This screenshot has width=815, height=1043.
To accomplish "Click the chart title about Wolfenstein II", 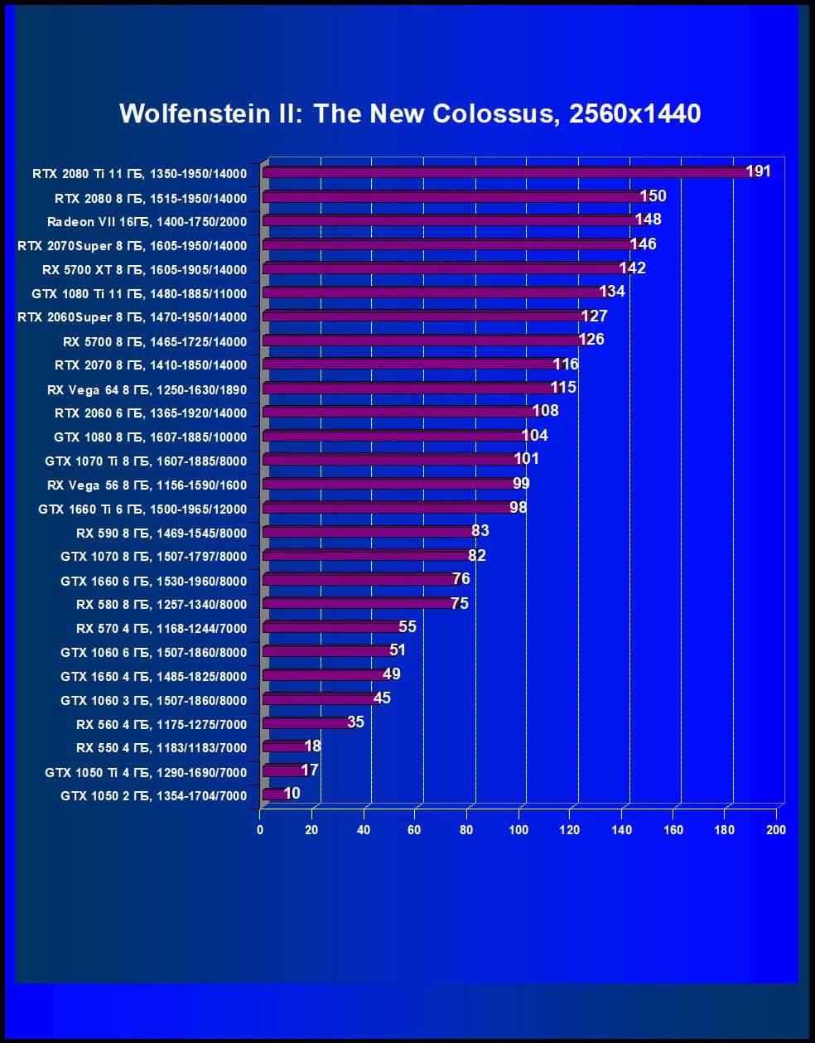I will (x=410, y=113).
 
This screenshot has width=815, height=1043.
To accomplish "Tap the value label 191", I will (x=758, y=171).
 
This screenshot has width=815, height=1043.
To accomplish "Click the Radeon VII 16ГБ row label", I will (x=147, y=221).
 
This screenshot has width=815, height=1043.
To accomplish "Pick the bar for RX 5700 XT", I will (x=443, y=268).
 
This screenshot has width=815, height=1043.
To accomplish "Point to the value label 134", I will (x=612, y=291).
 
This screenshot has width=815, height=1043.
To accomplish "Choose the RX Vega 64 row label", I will (x=147, y=389).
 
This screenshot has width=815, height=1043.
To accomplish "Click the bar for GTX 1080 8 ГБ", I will (x=393, y=436).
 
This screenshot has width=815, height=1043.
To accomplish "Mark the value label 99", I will (x=521, y=483).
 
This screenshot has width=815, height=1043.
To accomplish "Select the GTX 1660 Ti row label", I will (x=142, y=509).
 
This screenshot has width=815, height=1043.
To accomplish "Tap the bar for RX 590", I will (x=369, y=532).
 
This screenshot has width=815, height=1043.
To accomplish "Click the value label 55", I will (x=407, y=626).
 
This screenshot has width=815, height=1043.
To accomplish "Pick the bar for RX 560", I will (x=306, y=723).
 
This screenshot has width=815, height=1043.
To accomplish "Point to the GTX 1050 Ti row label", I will (x=146, y=772).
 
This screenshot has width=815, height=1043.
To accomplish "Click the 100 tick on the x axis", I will (x=518, y=830).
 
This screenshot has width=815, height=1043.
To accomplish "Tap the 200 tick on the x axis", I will (x=776, y=830).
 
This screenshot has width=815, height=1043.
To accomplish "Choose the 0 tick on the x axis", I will (x=260, y=830).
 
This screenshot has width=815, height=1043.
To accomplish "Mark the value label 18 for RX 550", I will (x=312, y=746).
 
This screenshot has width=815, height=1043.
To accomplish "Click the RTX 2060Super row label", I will (x=132, y=317).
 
